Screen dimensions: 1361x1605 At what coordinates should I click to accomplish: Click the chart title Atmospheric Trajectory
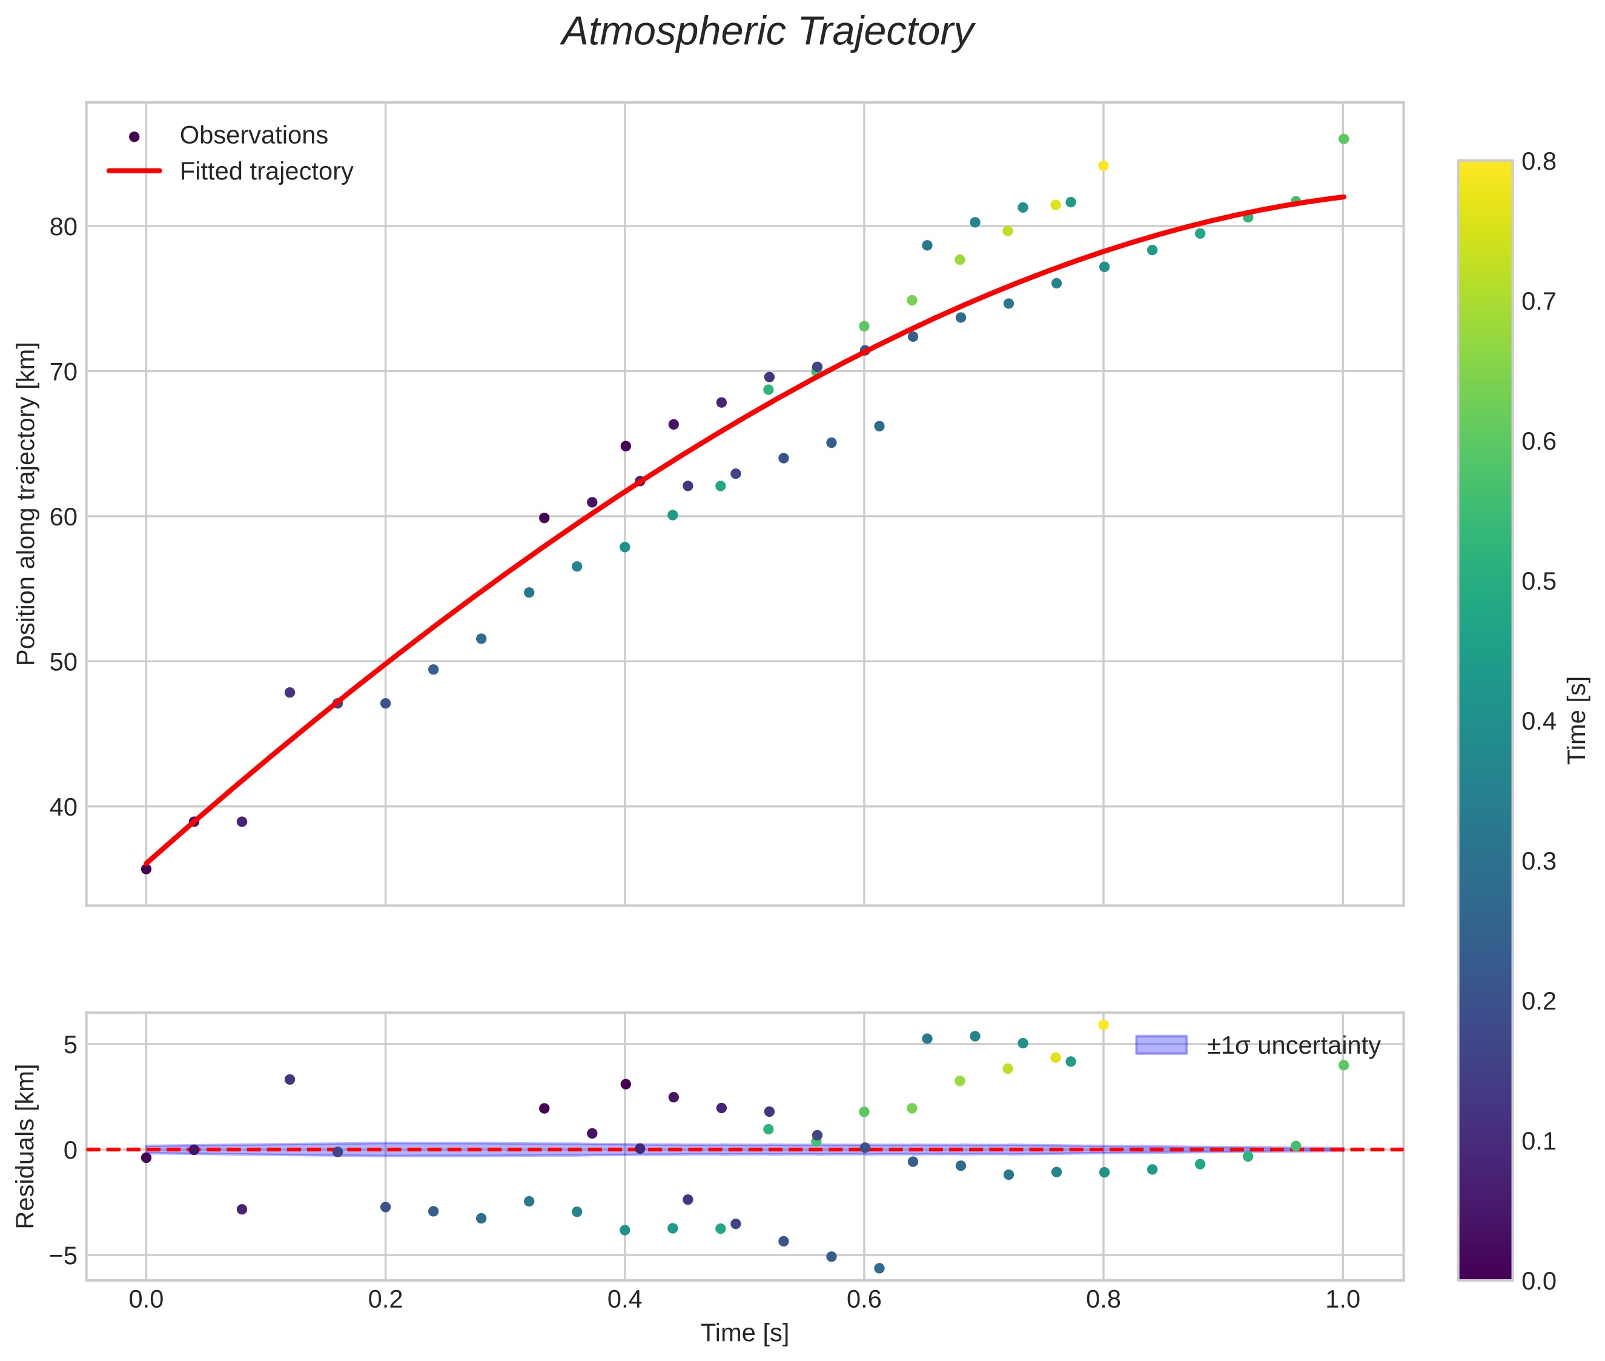(767, 32)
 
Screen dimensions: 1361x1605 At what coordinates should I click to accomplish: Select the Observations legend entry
(253, 136)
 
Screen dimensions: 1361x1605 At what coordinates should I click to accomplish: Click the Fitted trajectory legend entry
(266, 171)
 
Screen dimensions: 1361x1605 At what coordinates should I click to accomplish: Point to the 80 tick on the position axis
(62, 227)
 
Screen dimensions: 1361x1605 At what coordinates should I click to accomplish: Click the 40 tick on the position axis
(62, 807)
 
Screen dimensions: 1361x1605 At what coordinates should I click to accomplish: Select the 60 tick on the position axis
(62, 517)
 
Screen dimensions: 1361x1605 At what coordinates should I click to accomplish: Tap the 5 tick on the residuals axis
(70, 1045)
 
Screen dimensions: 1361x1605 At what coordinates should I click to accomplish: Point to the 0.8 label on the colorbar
(1538, 161)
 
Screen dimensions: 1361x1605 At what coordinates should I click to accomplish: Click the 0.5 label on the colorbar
(1538, 582)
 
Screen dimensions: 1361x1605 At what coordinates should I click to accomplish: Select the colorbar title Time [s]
(1578, 720)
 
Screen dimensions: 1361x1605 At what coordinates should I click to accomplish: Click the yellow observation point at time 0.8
(1103, 166)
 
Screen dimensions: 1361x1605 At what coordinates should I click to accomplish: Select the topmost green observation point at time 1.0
(1343, 139)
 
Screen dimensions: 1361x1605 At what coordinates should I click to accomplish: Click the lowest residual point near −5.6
(878, 1268)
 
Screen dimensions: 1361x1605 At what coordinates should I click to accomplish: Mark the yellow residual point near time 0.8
(1103, 1025)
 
